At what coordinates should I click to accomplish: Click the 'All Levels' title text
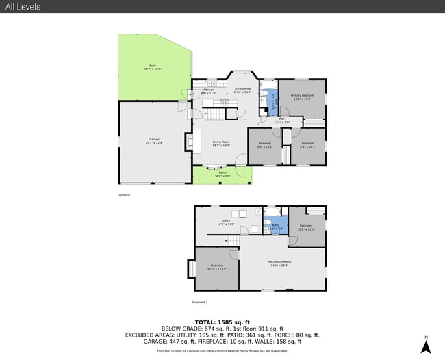[23, 7]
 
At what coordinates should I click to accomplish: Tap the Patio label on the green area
[153, 68]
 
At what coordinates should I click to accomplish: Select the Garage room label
[153, 141]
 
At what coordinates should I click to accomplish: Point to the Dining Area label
[242, 90]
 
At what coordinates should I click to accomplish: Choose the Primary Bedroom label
[302, 97]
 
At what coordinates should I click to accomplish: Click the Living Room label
[220, 143]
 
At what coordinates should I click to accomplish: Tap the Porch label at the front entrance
[222, 174]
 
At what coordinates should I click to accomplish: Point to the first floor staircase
[217, 111]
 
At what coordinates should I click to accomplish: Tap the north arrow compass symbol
[425, 346]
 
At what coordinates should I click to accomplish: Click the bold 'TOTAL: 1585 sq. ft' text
[222, 322]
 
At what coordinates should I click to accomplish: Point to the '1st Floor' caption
[124, 195]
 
